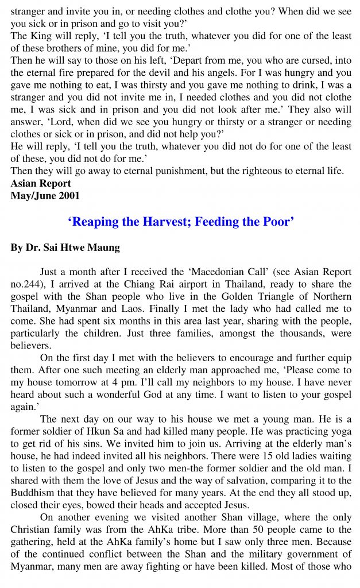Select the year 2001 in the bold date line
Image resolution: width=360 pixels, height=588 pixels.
coord(68,195)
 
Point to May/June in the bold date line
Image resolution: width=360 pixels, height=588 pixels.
coord(33,195)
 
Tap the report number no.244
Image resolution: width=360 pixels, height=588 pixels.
coord(26,285)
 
